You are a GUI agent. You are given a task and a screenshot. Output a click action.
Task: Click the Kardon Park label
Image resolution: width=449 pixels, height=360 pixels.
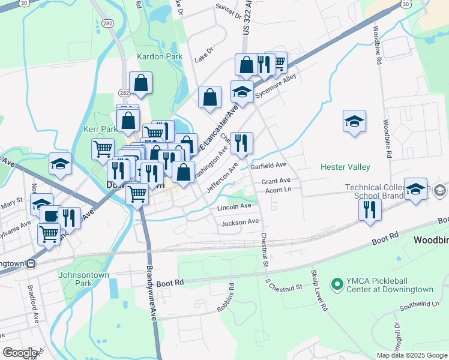point(159,56)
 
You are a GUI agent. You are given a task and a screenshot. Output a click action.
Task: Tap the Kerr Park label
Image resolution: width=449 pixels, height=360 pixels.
point(100,129)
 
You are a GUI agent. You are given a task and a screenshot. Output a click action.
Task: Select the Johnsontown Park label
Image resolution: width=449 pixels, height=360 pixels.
point(83,279)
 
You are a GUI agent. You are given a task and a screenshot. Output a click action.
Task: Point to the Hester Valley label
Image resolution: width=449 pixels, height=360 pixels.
point(345,167)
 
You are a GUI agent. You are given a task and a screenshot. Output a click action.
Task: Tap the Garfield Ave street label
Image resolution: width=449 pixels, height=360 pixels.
point(268,165)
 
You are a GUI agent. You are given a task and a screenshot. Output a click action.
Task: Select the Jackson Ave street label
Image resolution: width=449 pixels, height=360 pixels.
point(240,222)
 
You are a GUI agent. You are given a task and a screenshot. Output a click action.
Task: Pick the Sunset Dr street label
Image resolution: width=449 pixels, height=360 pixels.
point(228,11)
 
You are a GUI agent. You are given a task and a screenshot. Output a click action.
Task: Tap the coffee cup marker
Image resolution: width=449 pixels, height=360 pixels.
point(50,216)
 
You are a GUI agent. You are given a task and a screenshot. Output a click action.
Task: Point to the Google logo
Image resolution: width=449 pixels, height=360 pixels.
point(20,353)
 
